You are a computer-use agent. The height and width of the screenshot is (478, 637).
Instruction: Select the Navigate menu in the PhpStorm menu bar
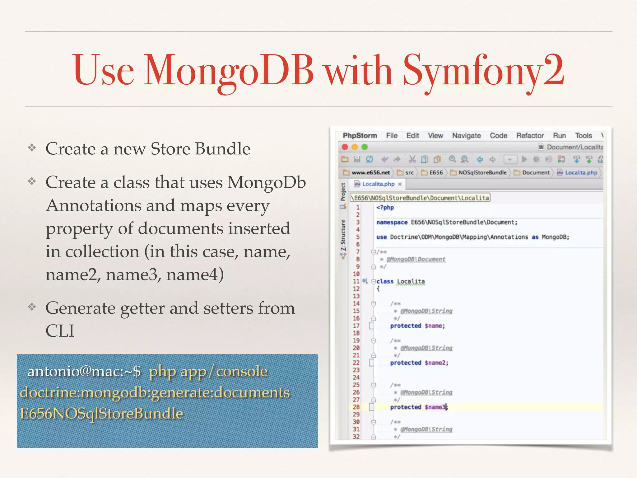466,136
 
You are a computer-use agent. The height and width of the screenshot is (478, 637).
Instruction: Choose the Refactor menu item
530,136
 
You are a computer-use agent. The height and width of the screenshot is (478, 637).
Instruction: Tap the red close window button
345,147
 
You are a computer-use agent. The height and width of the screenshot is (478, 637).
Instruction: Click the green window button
365,147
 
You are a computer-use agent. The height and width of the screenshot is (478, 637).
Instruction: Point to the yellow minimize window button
355,147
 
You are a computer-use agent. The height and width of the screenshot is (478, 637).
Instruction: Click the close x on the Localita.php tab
400,184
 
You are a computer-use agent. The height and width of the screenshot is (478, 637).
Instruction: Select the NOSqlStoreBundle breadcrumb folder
482,173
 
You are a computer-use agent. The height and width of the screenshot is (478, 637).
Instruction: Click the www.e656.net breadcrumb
370,173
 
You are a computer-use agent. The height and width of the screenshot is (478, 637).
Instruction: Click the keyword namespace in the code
392,222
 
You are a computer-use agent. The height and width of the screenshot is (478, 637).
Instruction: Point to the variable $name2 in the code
436,363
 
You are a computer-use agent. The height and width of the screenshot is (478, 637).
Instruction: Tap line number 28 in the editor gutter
356,407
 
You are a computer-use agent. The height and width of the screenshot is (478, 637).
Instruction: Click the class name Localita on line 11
411,281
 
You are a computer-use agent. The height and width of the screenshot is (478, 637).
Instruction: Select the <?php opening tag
385,208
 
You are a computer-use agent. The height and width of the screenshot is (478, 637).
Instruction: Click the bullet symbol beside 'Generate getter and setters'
32,307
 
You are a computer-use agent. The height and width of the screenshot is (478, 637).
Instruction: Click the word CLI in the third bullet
60,330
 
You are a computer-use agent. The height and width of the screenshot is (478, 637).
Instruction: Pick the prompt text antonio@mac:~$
84,371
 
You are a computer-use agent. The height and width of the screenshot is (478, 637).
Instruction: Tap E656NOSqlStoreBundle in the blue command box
101,414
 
